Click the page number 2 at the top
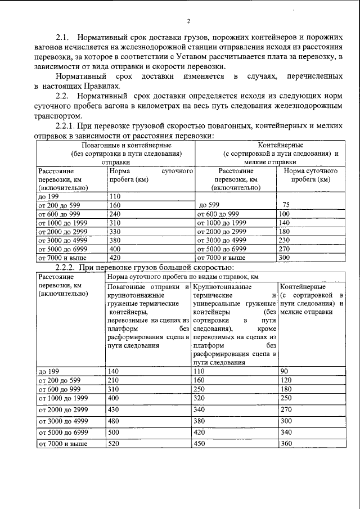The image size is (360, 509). (x=188, y=21)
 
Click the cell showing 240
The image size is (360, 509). (x=115, y=214)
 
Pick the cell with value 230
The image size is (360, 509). (x=285, y=240)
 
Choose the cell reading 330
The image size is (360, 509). (x=115, y=232)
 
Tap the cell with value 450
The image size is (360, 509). (x=200, y=444)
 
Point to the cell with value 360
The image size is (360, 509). (x=286, y=444)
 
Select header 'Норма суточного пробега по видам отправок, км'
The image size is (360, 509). (x=182, y=277)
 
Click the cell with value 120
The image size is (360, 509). (x=286, y=380)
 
